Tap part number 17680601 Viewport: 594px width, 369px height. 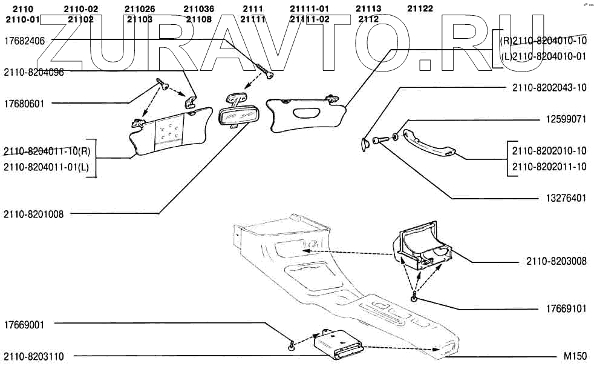[26, 103]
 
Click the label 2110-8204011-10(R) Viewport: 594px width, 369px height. [47, 151]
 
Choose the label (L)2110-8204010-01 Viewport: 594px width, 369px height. [543, 56]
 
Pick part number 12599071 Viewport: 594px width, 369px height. [564, 119]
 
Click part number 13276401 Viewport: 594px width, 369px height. [564, 198]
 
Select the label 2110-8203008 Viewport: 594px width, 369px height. [556, 261]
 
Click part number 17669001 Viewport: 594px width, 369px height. [26, 324]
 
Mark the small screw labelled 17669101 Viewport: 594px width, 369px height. [414, 298]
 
